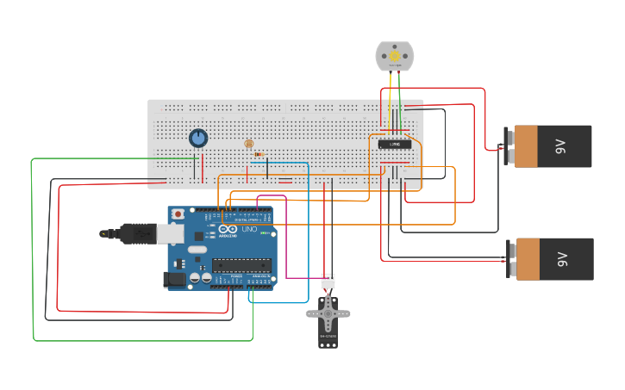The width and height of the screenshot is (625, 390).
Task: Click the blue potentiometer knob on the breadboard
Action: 198,138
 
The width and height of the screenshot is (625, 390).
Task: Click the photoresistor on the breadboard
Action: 249,144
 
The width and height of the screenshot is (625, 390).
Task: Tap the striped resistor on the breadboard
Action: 259,154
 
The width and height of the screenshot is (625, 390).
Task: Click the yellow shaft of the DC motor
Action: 395,56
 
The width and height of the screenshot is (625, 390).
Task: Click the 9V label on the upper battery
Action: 561,146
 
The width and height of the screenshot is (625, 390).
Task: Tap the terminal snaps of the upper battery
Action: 509,146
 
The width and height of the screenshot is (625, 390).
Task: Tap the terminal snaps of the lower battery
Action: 509,258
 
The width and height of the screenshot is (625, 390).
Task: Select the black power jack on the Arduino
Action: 175,279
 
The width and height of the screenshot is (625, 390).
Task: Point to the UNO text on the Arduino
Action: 250,217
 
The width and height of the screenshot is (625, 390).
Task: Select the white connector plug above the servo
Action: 328,281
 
